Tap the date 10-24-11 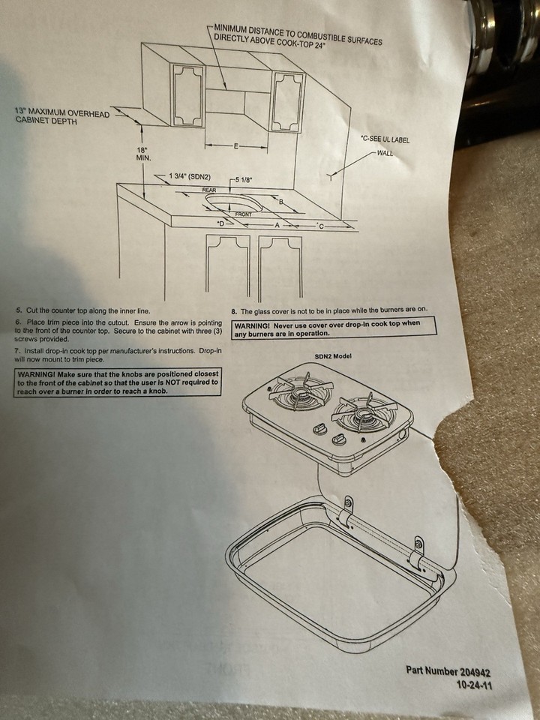pyautogui.click(x=474, y=685)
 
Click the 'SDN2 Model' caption pyautogui.click(x=333, y=356)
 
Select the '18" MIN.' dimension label pyautogui.click(x=143, y=154)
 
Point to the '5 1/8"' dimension pyautogui.click(x=243, y=180)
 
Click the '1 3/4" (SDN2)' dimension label pyautogui.click(x=190, y=176)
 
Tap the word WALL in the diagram pyautogui.click(x=385, y=153)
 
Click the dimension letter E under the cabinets pyautogui.click(x=236, y=146)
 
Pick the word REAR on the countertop pyautogui.click(x=209, y=190)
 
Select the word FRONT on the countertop pyautogui.click(x=243, y=214)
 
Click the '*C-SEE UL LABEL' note pyautogui.click(x=385, y=139)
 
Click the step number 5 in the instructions pyautogui.click(x=18, y=310)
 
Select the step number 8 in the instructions pyautogui.click(x=234, y=312)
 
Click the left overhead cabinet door pyautogui.click(x=187, y=95)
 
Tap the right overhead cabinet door pyautogui.click(x=288, y=103)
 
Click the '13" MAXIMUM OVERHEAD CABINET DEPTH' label pyautogui.click(x=62, y=117)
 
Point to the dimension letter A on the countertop pyautogui.click(x=277, y=225)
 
